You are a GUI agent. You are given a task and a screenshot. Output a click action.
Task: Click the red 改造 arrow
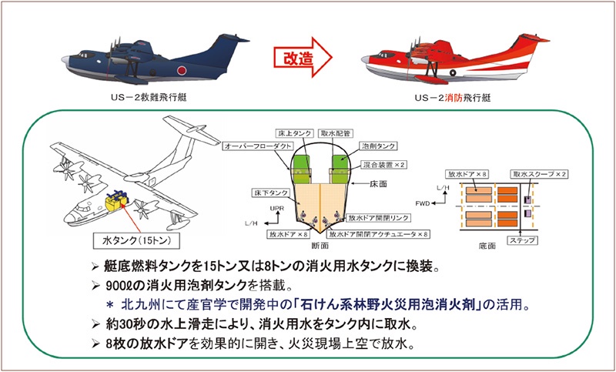coord(302,57)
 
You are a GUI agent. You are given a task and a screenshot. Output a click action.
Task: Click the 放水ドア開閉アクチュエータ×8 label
coord(380,233)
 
